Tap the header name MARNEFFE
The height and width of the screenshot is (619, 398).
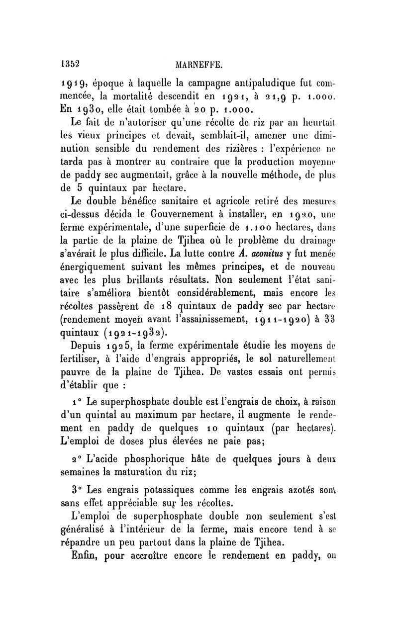click(x=198, y=65)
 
